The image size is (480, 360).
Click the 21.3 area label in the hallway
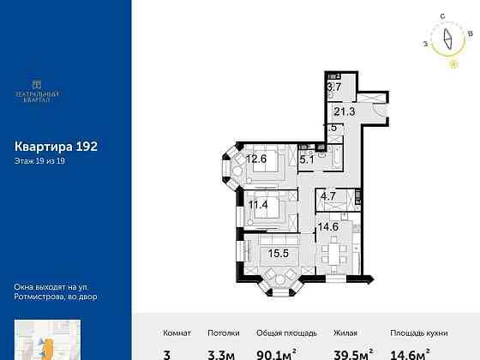[x=343, y=111]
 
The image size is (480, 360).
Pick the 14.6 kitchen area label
[x=329, y=226]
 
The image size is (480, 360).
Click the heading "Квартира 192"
[x=57, y=147]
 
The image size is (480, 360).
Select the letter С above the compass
[x=441, y=16]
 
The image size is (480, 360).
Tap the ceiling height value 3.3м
[x=224, y=352]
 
